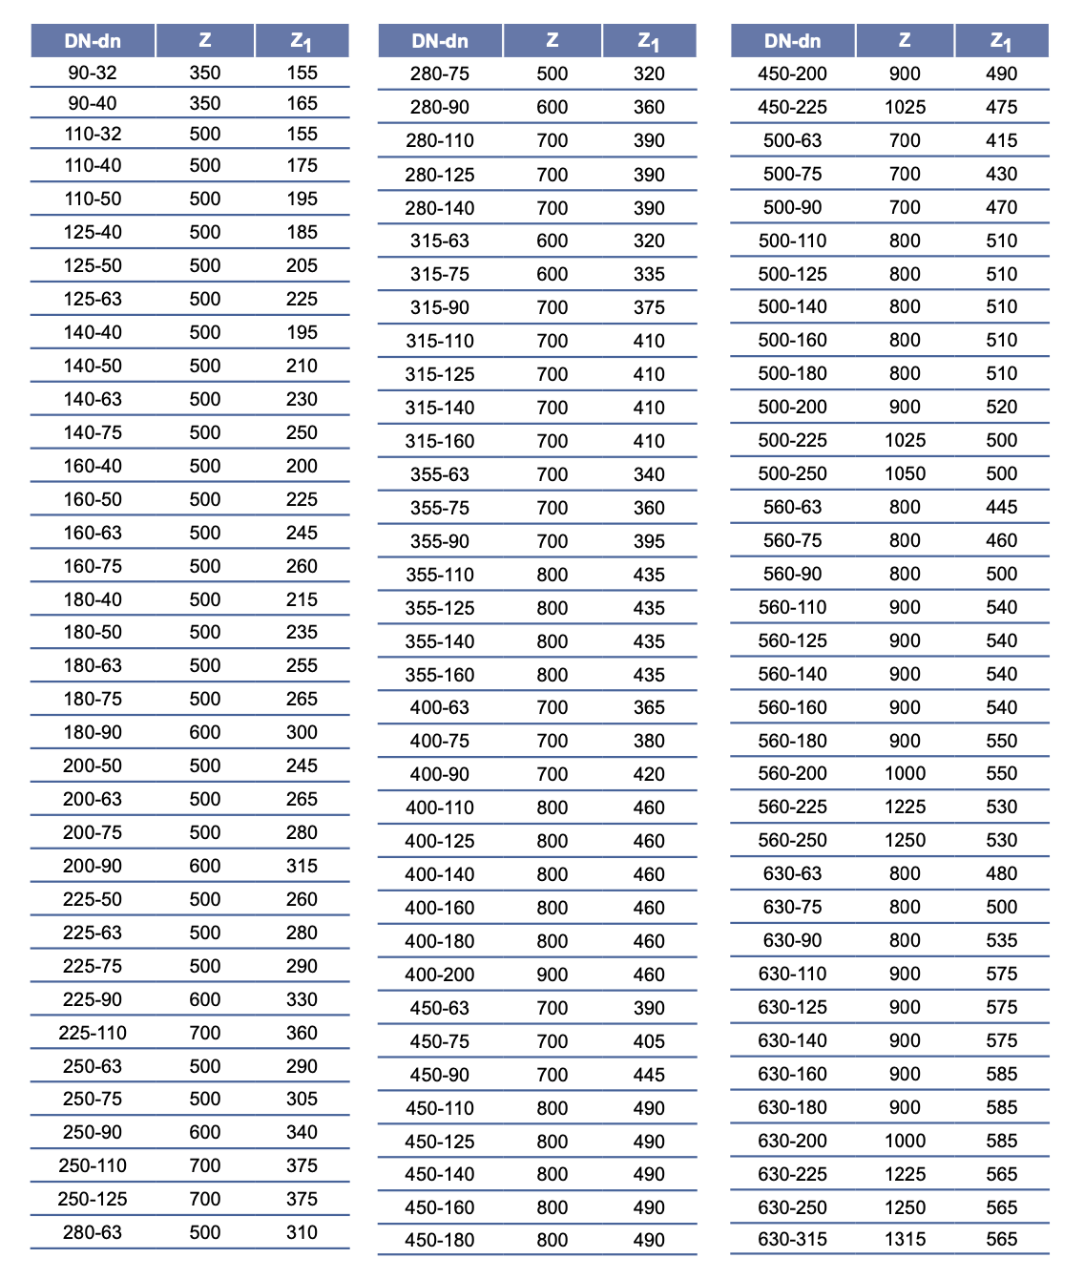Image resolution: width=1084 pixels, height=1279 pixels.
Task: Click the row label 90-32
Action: [93, 73]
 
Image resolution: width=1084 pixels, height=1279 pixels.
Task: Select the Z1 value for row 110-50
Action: [302, 199]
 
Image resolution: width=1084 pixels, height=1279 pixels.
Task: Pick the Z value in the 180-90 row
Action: [205, 732]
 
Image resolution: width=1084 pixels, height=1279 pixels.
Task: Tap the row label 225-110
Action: [93, 1033]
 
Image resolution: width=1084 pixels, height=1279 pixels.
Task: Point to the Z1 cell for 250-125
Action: [302, 1199]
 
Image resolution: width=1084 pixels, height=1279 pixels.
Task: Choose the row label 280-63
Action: [93, 1232]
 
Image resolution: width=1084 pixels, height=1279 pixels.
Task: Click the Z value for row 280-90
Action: [552, 107]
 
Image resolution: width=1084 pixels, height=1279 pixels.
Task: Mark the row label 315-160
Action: [440, 441]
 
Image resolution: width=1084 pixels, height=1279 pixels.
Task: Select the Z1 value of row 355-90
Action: [649, 541]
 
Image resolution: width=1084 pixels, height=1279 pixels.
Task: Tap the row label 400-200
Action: [440, 975]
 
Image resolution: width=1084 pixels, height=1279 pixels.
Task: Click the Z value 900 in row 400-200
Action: [552, 975]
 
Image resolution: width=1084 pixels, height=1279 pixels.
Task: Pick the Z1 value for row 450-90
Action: [649, 1075]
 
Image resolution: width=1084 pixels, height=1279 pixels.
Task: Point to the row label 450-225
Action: [792, 107]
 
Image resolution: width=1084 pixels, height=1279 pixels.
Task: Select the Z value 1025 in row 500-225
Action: [905, 440]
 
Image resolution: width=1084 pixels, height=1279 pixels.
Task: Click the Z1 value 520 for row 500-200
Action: [1002, 407]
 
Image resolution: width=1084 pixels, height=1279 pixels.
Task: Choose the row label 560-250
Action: [792, 840]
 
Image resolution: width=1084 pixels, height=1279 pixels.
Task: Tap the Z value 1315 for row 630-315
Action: [905, 1239]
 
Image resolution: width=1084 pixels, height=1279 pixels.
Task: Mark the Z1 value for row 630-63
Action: [1002, 873]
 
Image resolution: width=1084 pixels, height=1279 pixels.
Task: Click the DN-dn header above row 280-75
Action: [440, 41]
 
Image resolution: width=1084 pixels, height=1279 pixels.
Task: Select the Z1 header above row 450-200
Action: [1000, 41]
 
